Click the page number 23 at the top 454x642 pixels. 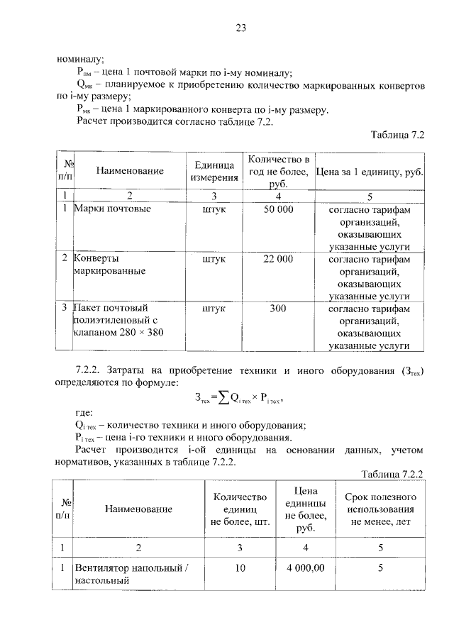tap(240, 28)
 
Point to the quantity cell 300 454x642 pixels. tap(278, 309)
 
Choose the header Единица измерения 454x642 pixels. tap(214, 170)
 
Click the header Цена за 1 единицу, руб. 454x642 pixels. tap(369, 171)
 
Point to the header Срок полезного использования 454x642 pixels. tap(381, 509)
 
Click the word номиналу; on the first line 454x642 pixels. tap(80, 60)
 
